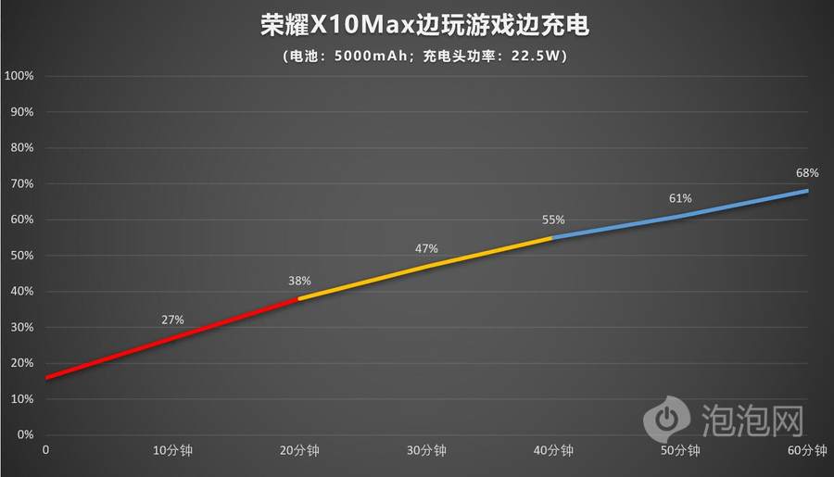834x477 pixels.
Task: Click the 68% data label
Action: pyautogui.click(x=807, y=173)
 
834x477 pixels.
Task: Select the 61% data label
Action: pyautogui.click(x=680, y=198)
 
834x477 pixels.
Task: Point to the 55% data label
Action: pyautogui.click(x=553, y=220)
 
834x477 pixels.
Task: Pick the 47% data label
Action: pyautogui.click(x=426, y=248)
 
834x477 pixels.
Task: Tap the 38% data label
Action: pyautogui.click(x=299, y=280)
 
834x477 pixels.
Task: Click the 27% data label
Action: pyautogui.click(x=172, y=320)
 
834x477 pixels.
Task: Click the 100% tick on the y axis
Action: pyautogui.click(x=19, y=76)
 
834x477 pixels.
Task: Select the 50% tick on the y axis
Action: pyautogui.click(x=22, y=256)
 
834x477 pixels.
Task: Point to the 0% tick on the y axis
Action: pyautogui.click(x=25, y=434)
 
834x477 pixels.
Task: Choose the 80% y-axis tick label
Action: pyautogui.click(x=22, y=147)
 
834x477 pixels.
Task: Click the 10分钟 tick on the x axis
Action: pyautogui.click(x=172, y=451)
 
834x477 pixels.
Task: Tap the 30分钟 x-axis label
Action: pyautogui.click(x=426, y=451)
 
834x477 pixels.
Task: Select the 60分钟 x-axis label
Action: pyautogui.click(x=807, y=451)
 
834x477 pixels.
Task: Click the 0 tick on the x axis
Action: pyautogui.click(x=45, y=451)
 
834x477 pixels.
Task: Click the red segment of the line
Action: pyautogui.click(x=172, y=338)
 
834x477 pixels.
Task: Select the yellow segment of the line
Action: pyautogui.click(x=426, y=267)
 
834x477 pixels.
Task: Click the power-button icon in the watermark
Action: pyautogui.click(x=664, y=420)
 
